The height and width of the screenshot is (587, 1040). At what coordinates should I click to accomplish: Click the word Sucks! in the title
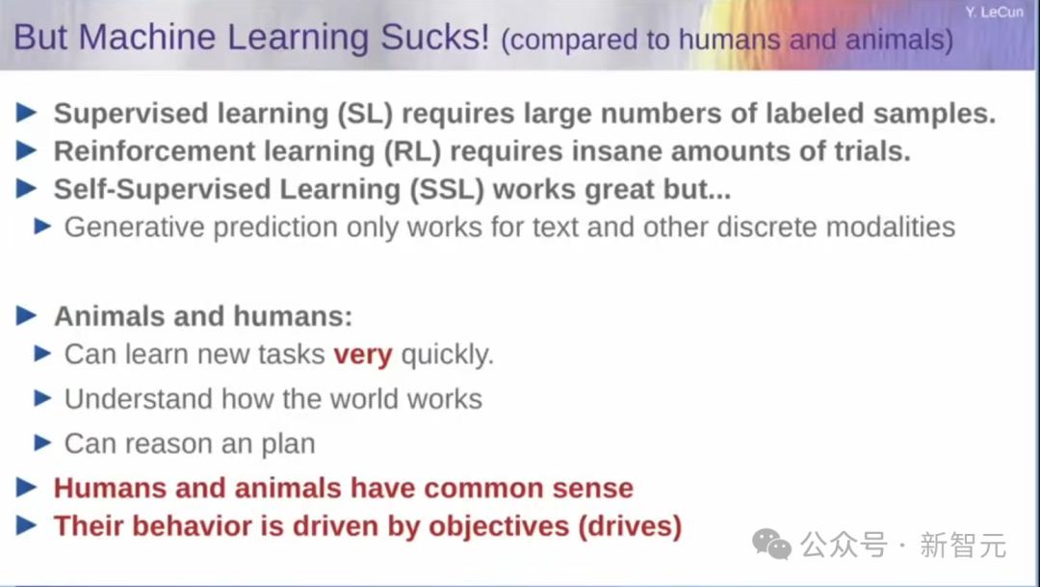point(434,38)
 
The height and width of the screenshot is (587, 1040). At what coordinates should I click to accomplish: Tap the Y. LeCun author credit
point(994,12)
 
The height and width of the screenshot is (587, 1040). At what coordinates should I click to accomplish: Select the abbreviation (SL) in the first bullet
point(365,114)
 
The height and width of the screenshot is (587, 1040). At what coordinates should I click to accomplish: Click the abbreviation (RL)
point(412,151)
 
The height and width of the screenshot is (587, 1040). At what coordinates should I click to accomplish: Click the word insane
point(616,151)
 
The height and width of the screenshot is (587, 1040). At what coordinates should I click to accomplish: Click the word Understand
point(139,399)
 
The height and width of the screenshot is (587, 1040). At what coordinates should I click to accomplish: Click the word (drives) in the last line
point(630,526)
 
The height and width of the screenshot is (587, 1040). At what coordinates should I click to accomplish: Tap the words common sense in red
point(529,488)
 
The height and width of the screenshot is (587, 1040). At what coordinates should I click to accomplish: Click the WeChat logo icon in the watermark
point(771,545)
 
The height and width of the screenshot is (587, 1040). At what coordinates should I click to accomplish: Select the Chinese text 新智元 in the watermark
point(963,546)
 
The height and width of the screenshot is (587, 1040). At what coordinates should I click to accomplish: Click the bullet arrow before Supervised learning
point(27,113)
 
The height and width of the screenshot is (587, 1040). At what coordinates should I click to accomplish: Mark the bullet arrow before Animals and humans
point(27,315)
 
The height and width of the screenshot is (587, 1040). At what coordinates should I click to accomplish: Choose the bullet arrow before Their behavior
point(27,525)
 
